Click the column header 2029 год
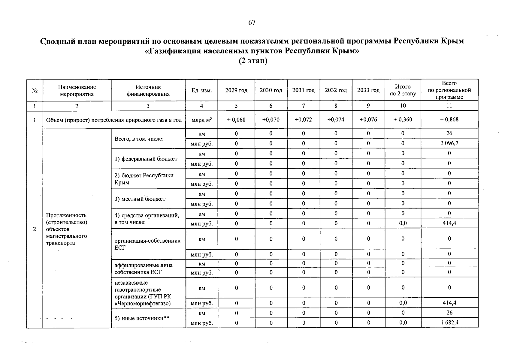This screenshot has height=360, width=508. point(236,90)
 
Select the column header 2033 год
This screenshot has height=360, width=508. point(368,90)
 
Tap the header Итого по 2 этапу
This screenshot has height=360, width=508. point(403,90)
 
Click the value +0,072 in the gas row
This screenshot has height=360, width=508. point(303,120)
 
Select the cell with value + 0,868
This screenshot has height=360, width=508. point(449,120)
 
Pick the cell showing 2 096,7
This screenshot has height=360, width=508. point(449,143)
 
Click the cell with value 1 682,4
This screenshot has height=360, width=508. point(449,323)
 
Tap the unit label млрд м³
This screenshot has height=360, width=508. point(201,120)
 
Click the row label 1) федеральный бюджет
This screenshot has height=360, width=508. point(146,159)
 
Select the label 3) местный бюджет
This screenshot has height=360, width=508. point(140,199)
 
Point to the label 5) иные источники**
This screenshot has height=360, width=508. point(142,318)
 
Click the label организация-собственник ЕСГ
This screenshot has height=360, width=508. point(147,244)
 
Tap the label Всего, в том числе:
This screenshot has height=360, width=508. point(139,139)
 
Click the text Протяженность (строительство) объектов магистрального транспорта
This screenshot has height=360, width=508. point(66,229)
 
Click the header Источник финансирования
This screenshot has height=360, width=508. point(148,91)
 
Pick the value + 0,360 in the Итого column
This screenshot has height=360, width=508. point(403,120)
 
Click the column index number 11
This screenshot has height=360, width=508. point(449,106)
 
